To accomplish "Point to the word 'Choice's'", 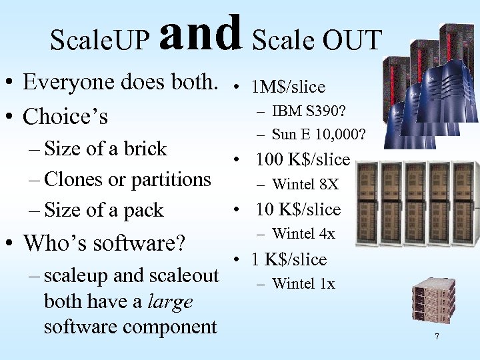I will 65,117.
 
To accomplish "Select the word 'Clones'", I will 74,179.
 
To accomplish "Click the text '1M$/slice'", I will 288,87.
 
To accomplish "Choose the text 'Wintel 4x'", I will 303,234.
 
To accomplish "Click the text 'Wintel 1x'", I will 303,284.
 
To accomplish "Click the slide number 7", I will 437,337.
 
